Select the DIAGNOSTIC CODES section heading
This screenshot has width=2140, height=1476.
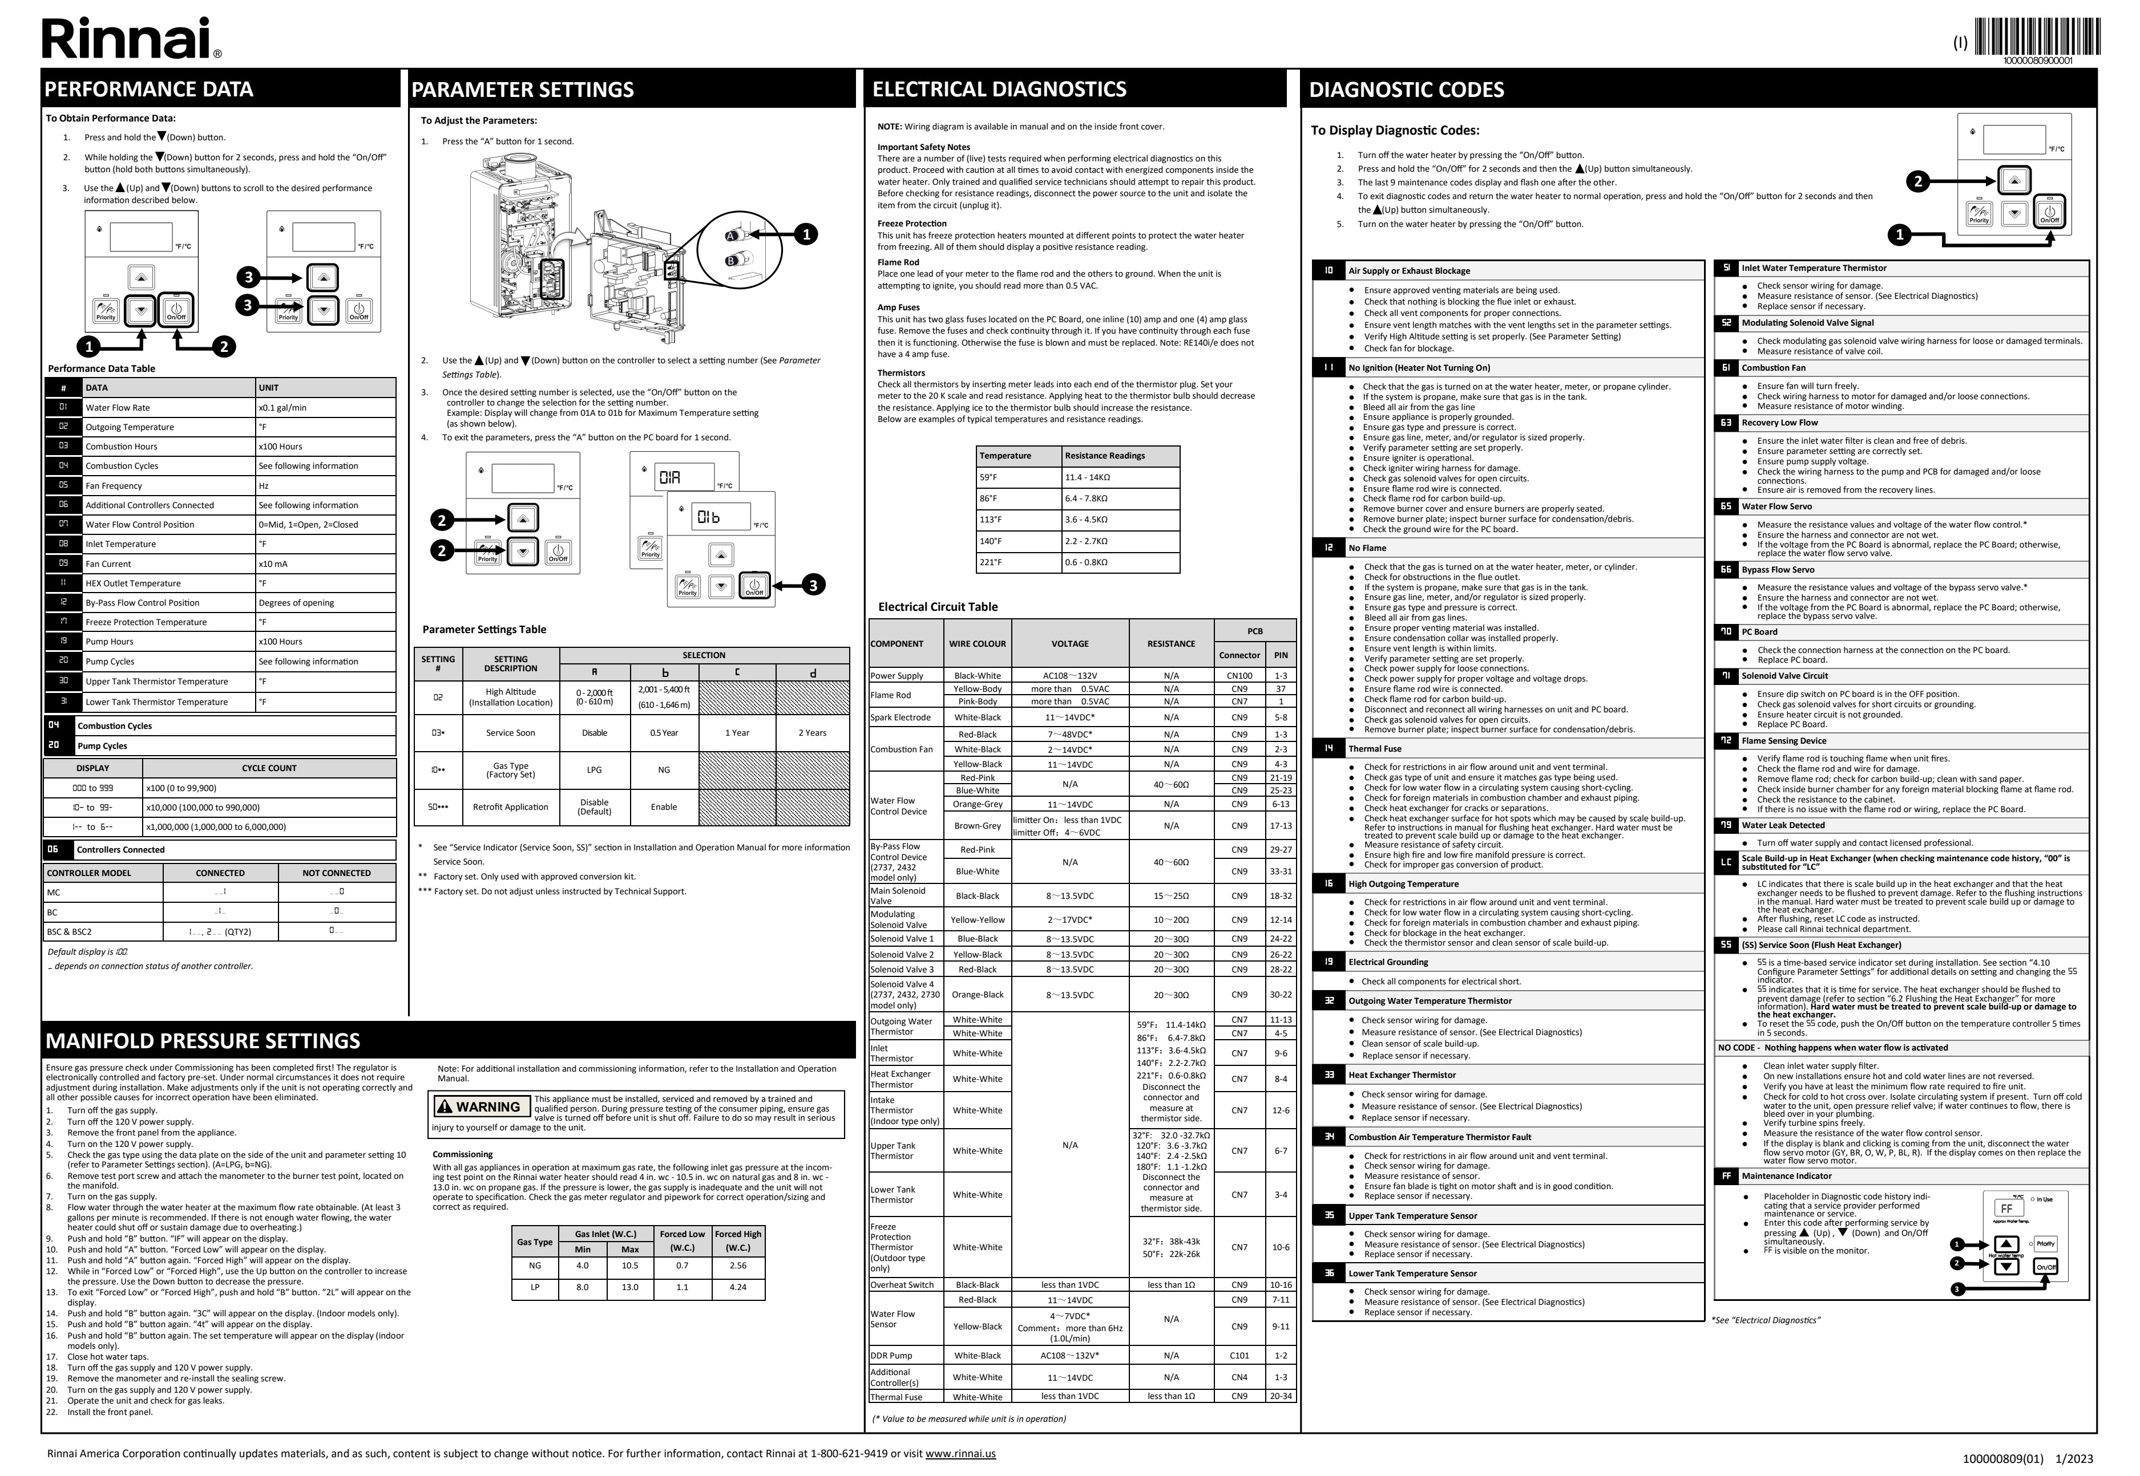(x=1406, y=90)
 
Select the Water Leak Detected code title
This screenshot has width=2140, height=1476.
(x=1783, y=825)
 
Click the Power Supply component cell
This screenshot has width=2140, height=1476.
(x=897, y=676)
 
